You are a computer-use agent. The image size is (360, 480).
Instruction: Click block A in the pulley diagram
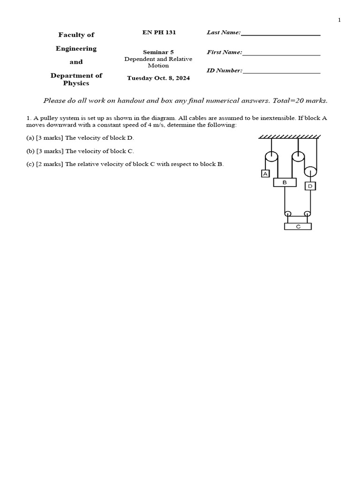pyautogui.click(x=265, y=173)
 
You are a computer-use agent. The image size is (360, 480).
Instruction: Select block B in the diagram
pyautogui.click(x=285, y=182)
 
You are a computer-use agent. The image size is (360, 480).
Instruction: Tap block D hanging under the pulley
pyautogui.click(x=310, y=186)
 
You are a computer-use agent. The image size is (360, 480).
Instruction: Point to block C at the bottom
pyautogui.click(x=298, y=226)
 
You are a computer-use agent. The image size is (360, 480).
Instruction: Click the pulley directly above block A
pyautogui.click(x=271, y=157)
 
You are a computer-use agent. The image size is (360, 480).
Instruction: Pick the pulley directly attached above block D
pyautogui.click(x=310, y=172)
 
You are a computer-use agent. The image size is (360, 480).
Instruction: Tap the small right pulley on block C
pyautogui.click(x=307, y=214)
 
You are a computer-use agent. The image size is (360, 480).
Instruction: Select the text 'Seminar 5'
pyautogui.click(x=158, y=52)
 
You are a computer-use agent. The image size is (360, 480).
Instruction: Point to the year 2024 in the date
pyautogui.click(x=183, y=78)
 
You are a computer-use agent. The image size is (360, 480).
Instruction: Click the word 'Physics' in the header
pyautogui.click(x=76, y=83)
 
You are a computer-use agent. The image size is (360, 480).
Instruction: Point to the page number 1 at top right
pyautogui.click(x=339, y=20)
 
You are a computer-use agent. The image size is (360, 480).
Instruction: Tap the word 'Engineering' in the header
pyautogui.click(x=76, y=49)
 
